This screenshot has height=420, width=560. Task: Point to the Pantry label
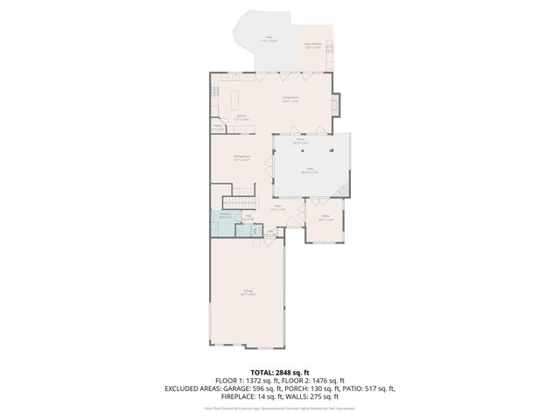[218, 128]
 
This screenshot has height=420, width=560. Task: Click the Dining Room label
[242, 159]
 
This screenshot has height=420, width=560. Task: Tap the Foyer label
[277, 208]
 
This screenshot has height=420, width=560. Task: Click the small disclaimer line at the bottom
[280, 408]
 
